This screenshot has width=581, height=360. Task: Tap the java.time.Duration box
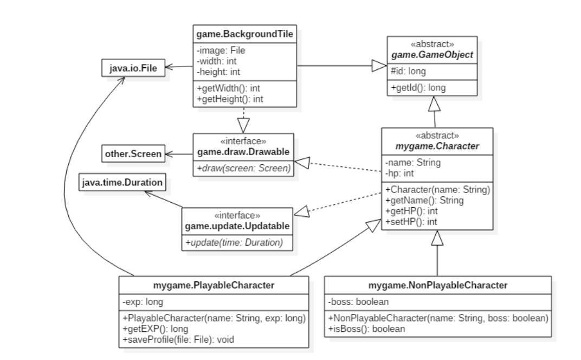click(x=121, y=183)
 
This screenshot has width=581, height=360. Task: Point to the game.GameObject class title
click(x=432, y=55)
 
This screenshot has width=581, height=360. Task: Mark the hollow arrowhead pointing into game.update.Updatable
click(x=300, y=211)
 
